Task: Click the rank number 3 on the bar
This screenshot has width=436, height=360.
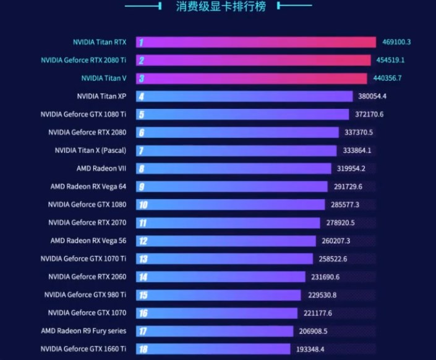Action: [x=142, y=79]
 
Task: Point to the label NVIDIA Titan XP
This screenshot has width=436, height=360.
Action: [x=101, y=96]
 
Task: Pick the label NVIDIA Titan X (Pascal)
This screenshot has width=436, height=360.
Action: [x=90, y=150]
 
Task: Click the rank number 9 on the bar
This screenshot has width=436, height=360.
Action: [x=142, y=186]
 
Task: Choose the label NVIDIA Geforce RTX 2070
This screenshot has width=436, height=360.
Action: [x=87, y=222]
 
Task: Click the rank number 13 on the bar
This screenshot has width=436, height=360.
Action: [x=143, y=259]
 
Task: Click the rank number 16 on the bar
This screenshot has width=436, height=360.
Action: [x=143, y=313]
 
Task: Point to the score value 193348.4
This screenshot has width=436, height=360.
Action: [x=314, y=349]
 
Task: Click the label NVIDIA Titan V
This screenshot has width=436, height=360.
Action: [x=104, y=79]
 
